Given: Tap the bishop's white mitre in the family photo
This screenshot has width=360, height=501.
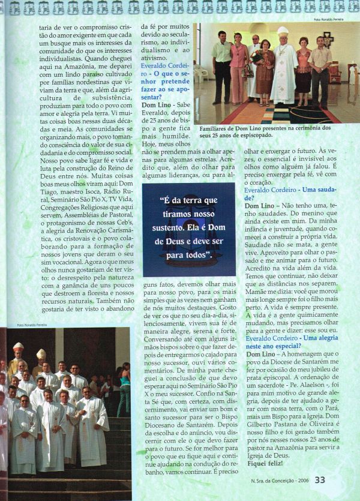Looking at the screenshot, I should pos(283,31).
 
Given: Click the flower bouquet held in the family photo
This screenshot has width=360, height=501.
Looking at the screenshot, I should pos(257,56).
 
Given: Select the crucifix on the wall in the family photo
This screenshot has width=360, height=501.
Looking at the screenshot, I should pos(328,39).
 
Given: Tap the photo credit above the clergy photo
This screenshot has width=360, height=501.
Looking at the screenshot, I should pos(27,325).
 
